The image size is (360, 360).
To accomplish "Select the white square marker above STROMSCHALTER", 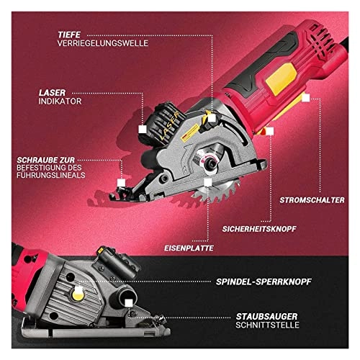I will (305, 117).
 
